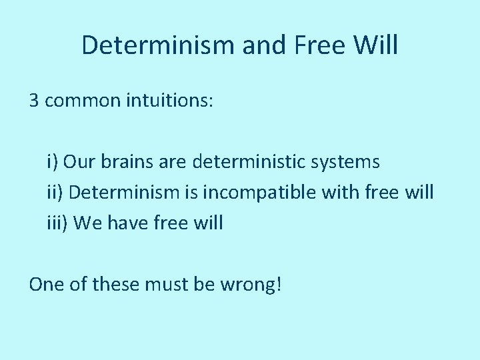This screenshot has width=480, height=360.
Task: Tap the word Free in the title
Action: (x=311, y=45)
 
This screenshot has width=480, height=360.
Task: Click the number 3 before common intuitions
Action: (x=34, y=101)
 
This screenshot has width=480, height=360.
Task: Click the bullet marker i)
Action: (x=53, y=162)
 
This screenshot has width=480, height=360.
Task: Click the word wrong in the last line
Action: (x=253, y=285)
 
